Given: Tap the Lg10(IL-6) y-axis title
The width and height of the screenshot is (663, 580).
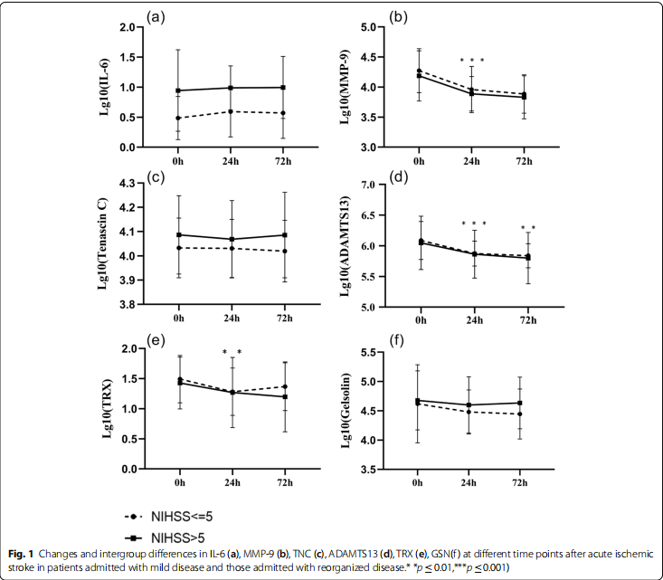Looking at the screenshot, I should tap(108, 88).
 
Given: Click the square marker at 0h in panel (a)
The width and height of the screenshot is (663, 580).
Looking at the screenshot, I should tap(178, 90).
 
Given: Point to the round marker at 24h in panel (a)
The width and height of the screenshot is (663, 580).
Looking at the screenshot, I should tap(231, 111).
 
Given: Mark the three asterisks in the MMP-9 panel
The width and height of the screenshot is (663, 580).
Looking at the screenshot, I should tap(471, 61).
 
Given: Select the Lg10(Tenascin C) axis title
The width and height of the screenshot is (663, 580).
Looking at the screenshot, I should tap(108, 243).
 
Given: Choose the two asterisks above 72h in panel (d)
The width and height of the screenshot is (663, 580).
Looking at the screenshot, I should tap(527, 228).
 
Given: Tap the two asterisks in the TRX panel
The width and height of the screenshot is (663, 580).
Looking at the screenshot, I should tap(232, 352).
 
